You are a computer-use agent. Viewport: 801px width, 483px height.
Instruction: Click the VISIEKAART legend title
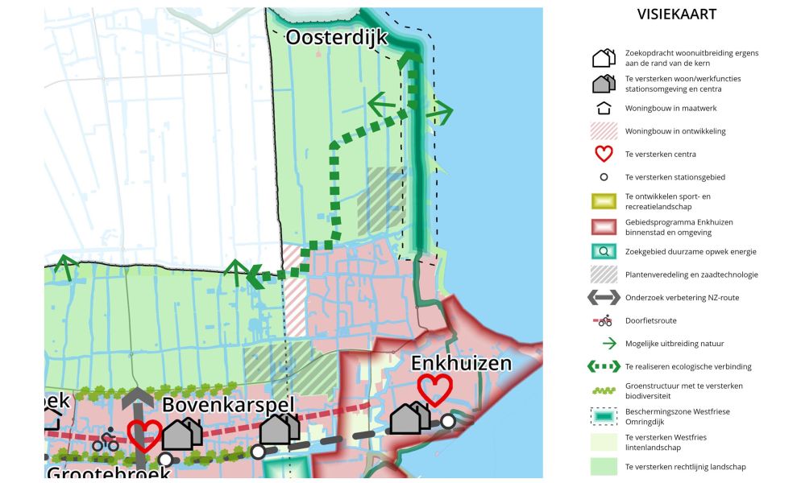[x=676, y=14]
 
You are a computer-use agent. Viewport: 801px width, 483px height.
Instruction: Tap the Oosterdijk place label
[x=337, y=38]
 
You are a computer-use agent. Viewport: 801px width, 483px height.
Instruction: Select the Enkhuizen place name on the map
[x=461, y=363]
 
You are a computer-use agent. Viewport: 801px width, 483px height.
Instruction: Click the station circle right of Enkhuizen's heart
[x=447, y=420]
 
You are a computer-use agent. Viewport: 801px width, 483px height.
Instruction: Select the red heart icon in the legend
[x=604, y=154]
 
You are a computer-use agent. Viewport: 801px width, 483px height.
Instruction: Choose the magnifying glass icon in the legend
[x=604, y=251]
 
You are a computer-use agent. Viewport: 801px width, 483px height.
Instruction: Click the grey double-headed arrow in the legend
[x=604, y=298]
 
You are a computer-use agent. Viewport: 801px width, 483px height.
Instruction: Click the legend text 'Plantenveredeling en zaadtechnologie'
[x=691, y=275]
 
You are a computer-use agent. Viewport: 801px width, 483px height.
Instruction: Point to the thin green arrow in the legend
[x=604, y=344]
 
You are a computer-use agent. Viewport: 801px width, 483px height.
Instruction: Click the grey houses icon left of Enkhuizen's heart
[x=409, y=418]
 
